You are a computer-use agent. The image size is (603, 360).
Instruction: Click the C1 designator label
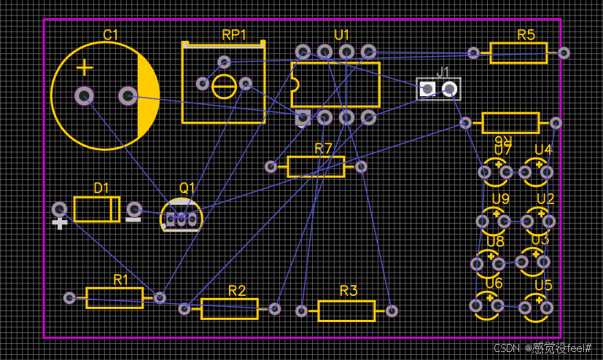click(111, 34)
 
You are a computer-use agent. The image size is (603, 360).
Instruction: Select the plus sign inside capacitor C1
click(85, 68)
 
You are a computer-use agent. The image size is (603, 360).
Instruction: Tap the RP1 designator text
click(234, 35)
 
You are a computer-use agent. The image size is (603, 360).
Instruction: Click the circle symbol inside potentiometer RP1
click(224, 87)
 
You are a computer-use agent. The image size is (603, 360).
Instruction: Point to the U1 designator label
click(342, 35)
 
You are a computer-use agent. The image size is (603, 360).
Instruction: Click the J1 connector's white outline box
click(439, 88)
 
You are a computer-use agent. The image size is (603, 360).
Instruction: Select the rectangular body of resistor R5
click(518, 53)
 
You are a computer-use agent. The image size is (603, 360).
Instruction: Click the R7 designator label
click(323, 149)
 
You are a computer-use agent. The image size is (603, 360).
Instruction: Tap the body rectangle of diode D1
click(96, 211)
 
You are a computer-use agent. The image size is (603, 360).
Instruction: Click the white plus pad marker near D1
click(61, 224)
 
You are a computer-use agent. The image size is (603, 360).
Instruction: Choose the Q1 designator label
click(187, 188)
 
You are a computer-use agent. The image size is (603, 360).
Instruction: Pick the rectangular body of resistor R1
click(114, 297)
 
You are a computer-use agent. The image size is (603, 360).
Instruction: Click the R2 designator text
click(237, 291)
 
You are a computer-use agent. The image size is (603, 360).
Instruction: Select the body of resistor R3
click(346, 311)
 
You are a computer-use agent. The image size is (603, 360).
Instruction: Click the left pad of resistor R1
click(69, 297)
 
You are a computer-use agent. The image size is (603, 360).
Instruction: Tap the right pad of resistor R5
click(564, 52)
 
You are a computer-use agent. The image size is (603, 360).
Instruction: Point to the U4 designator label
click(543, 149)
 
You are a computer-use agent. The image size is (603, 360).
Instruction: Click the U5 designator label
click(543, 286)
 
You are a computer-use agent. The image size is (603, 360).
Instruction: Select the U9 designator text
click(500, 199)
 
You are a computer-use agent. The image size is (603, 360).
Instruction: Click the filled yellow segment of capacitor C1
click(149, 96)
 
